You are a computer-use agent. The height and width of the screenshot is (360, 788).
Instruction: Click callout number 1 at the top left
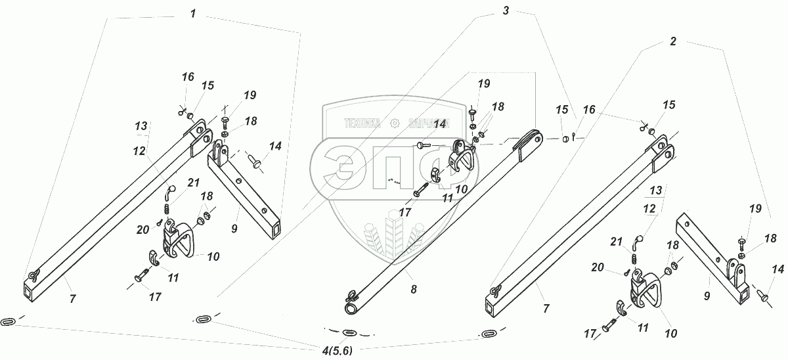click(x=192, y=14)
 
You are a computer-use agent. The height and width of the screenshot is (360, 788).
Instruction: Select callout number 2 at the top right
click(x=672, y=41)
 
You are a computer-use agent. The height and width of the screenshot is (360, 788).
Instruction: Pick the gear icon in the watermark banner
click(x=394, y=123)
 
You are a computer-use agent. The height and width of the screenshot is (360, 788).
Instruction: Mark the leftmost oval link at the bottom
click(x=9, y=321)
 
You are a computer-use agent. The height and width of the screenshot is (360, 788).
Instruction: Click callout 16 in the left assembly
click(x=188, y=77)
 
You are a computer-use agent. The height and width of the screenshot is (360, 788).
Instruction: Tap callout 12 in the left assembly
click(x=139, y=150)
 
